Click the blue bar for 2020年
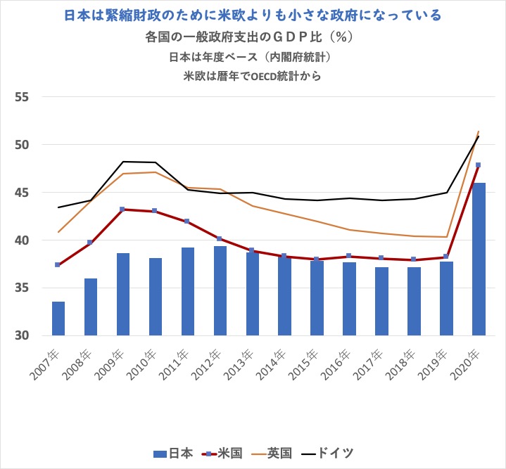(479, 259)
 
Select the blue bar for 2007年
(58, 319)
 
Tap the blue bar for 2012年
(220, 290)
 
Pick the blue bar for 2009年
(123, 294)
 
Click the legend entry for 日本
(173, 453)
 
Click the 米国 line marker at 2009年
(123, 210)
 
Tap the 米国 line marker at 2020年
(479, 165)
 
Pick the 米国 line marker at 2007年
(58, 264)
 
